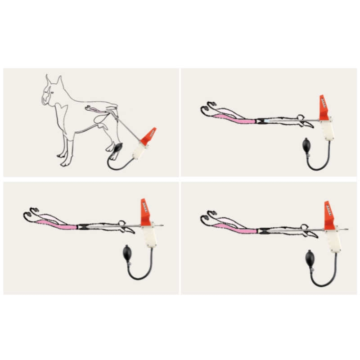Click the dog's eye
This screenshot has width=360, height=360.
click(53, 92)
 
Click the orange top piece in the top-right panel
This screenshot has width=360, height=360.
click(324, 108)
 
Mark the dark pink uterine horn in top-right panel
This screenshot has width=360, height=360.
click(234, 120)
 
